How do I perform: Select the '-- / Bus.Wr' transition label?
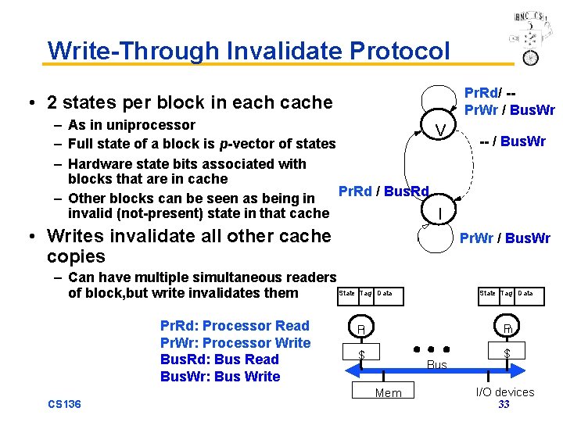512,141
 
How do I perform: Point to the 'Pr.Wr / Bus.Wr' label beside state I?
504,238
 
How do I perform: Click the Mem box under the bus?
388,392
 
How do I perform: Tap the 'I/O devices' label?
505,392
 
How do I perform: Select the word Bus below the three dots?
437,365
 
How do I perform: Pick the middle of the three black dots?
432,349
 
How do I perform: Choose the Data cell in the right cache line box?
525,294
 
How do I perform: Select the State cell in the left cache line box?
346,294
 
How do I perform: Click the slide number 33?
504,405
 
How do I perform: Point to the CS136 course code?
65,404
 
